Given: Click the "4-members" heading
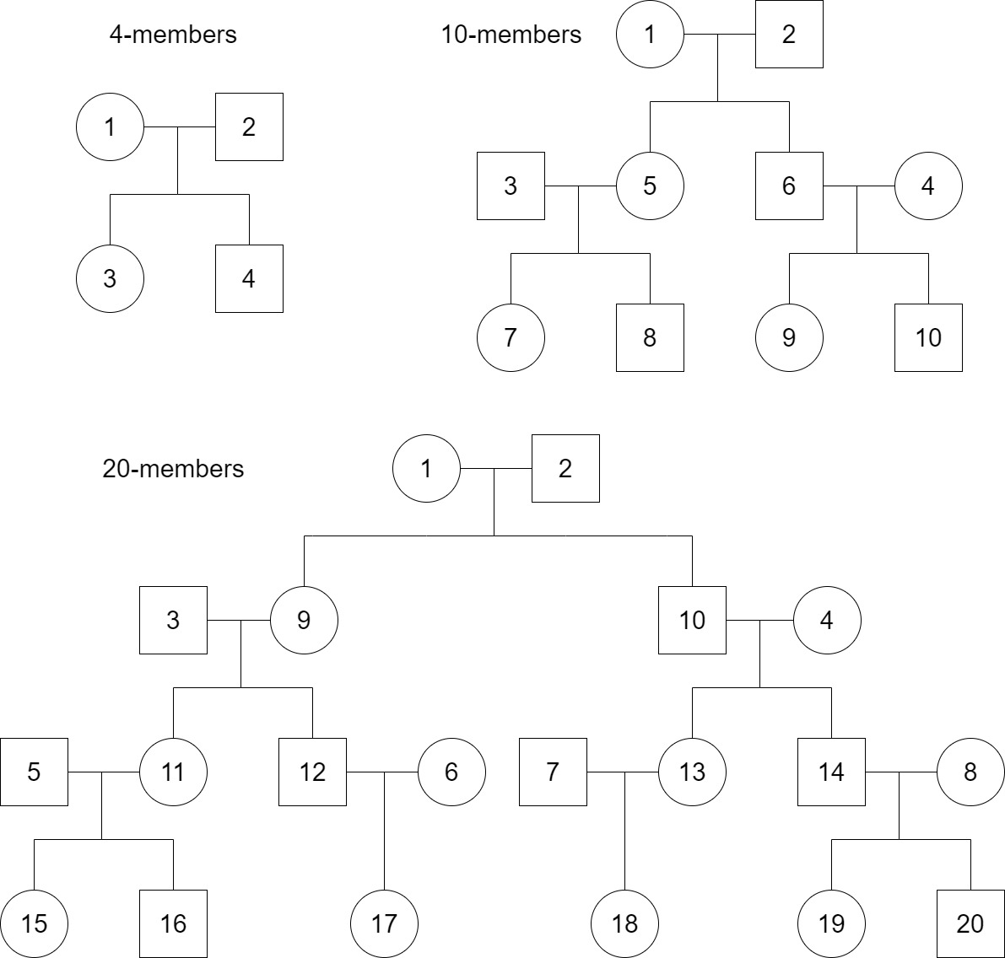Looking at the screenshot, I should [173, 35].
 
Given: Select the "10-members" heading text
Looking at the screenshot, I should [511, 35].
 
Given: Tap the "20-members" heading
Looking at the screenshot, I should [173, 468].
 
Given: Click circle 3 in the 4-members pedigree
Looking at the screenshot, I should [110, 278].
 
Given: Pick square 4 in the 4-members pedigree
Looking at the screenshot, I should [249, 278].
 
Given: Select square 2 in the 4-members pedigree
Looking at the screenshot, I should [249, 126].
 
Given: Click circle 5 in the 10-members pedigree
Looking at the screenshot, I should [650, 186].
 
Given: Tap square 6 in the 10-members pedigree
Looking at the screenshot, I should [789, 186].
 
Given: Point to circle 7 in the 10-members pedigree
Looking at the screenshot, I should [511, 337].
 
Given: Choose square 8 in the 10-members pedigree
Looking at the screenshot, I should [650, 337].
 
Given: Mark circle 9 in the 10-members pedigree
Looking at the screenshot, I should [789, 337].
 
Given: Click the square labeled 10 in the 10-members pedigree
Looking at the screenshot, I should [928, 337].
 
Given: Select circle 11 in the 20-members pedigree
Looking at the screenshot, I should [173, 772].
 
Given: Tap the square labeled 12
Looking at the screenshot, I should [313, 772].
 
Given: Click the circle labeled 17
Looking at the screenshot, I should [384, 923].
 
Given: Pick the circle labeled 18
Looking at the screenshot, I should [624, 923].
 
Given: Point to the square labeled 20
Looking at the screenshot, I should [970, 923].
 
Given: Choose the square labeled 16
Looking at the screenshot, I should [173, 923].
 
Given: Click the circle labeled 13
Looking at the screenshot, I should [692, 772].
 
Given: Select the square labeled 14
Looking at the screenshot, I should [831, 772].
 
